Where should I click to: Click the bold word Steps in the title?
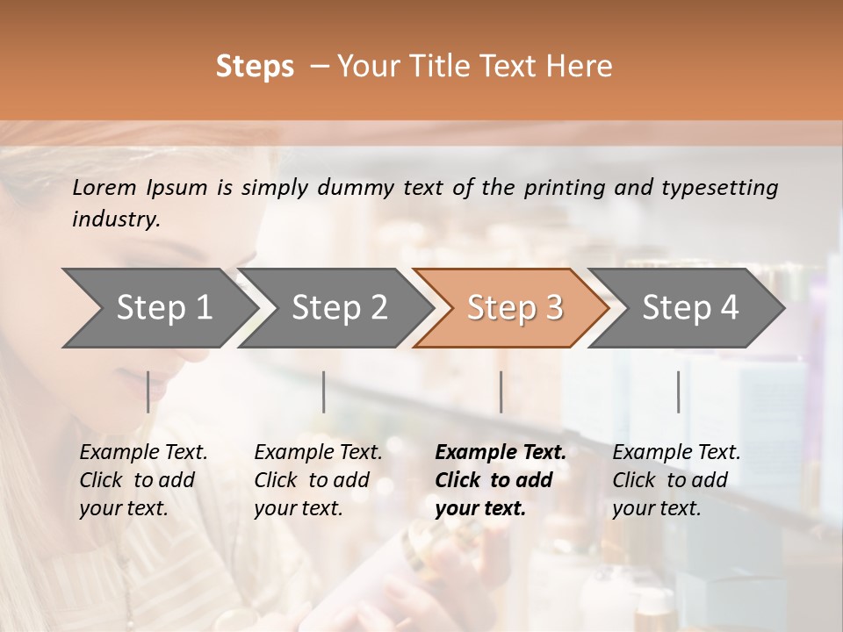[x=255, y=67]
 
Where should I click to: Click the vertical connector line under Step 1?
[x=148, y=391]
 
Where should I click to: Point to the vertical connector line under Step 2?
[x=324, y=391]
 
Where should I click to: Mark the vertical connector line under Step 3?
[x=501, y=391]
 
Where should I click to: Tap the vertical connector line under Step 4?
[x=678, y=391]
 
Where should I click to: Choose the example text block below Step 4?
[x=676, y=480]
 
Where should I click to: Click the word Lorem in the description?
[x=104, y=187]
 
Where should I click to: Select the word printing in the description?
[x=562, y=187]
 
